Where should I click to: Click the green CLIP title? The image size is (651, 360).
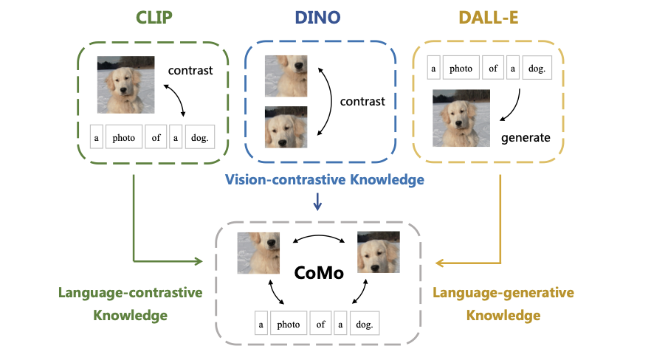(154, 18)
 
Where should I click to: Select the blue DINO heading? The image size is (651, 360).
(317, 18)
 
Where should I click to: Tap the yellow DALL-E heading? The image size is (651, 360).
(489, 18)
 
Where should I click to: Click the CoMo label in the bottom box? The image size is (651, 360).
(319, 273)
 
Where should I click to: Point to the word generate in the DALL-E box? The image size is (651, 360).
(526, 138)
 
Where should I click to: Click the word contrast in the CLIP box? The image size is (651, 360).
(190, 71)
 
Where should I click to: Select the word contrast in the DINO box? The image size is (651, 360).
(362, 102)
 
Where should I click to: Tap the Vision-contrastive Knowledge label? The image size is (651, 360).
(325, 179)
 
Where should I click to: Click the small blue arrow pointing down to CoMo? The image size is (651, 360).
(317, 201)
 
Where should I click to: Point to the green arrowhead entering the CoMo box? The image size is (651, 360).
(199, 261)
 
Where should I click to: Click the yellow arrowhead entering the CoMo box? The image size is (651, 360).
(439, 263)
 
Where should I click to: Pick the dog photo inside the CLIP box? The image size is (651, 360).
(125, 85)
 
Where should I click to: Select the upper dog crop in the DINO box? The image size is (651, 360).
(286, 76)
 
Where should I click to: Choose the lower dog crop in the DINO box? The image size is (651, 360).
(286, 128)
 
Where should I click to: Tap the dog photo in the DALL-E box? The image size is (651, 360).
(461, 118)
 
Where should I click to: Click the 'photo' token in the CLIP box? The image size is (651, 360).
(124, 137)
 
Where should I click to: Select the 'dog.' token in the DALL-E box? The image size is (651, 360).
(537, 68)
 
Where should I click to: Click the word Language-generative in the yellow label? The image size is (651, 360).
(503, 293)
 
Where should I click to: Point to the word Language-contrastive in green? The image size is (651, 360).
(131, 293)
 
